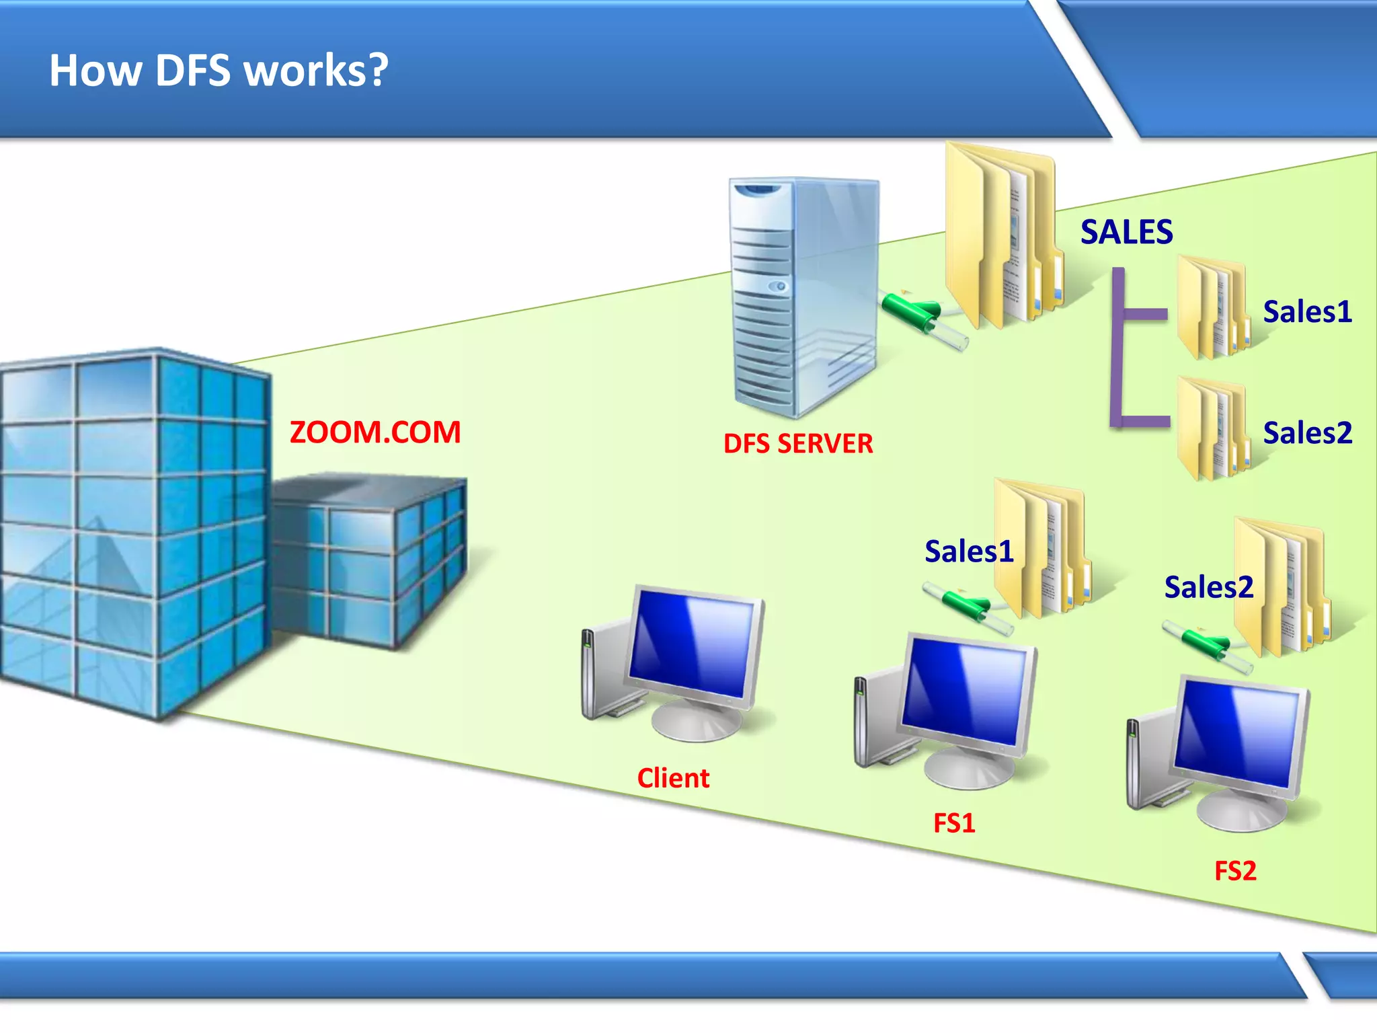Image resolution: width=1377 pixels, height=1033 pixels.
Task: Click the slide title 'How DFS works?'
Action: (x=219, y=70)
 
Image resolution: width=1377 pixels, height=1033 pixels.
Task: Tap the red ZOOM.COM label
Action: (x=375, y=432)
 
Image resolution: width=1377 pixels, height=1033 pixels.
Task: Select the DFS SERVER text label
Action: (x=798, y=444)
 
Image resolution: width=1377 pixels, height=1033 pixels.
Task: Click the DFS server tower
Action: (x=803, y=296)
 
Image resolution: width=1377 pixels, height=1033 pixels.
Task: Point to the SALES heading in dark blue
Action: (x=1127, y=232)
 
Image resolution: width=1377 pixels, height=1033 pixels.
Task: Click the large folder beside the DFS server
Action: (x=1002, y=235)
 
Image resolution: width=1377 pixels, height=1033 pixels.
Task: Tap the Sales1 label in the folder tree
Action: (x=1307, y=311)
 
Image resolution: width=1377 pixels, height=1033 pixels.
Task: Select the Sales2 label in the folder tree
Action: (x=1307, y=432)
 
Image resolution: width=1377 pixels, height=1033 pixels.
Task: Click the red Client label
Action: (x=673, y=778)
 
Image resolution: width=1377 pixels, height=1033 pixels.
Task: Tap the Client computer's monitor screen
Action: (x=693, y=642)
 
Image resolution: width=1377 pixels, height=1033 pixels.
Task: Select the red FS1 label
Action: (x=954, y=823)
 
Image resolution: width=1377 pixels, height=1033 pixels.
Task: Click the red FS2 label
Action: (x=1235, y=871)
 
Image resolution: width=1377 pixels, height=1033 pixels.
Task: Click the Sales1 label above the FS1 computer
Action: (x=969, y=551)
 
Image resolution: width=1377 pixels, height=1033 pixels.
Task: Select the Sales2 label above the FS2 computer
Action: (x=1209, y=587)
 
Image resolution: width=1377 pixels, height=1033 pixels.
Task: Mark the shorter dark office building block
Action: (x=370, y=558)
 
